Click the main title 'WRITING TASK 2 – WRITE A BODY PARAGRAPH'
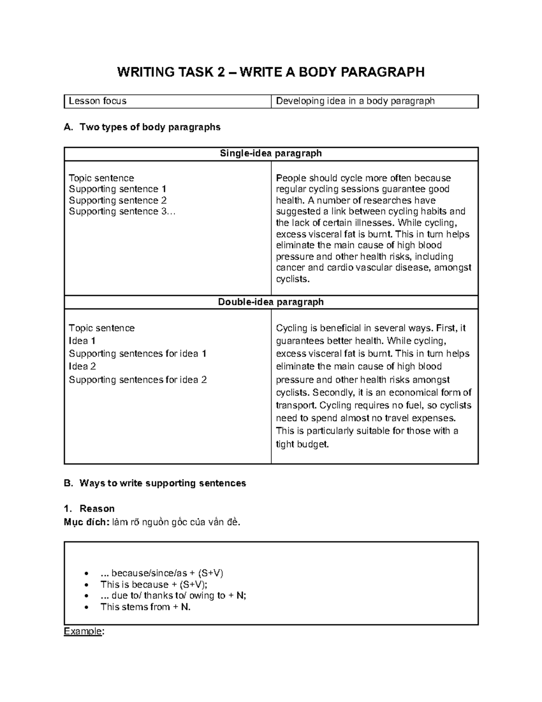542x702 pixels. click(x=271, y=72)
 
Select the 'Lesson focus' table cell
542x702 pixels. click(x=98, y=101)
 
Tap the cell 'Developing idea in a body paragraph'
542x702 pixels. click(x=355, y=101)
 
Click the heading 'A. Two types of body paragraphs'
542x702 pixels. click(x=142, y=127)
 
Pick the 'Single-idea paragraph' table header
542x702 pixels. click(x=271, y=154)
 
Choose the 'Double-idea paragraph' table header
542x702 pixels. click(x=271, y=302)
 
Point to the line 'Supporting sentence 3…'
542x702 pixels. click(x=121, y=212)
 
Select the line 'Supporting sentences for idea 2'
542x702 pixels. click(x=138, y=380)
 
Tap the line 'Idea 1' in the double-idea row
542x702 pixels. click(x=82, y=341)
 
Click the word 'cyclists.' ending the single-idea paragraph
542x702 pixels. click(x=293, y=279)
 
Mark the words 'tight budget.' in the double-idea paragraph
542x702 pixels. click(x=302, y=444)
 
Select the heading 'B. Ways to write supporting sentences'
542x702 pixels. click(x=155, y=483)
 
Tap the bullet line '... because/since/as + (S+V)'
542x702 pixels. click(x=162, y=573)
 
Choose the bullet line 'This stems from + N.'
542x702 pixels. click(x=145, y=607)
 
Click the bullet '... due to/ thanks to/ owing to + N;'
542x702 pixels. click(x=173, y=596)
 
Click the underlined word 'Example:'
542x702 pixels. click(x=84, y=631)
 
